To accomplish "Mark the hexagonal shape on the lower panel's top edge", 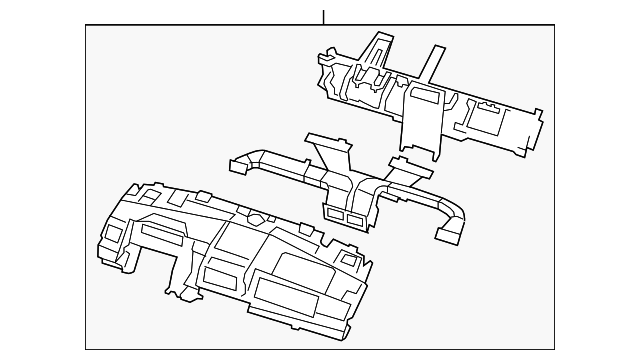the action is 257,219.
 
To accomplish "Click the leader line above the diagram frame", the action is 323,15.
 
